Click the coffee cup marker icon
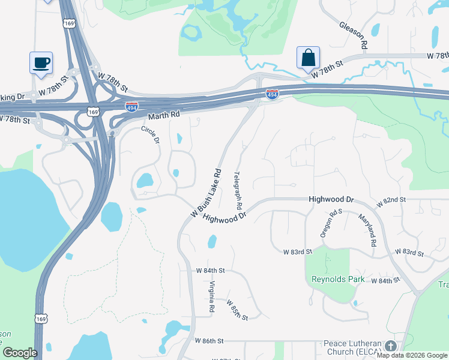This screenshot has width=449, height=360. click(41, 62)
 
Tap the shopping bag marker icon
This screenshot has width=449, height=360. click(308, 58)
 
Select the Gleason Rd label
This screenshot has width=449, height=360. click(353, 35)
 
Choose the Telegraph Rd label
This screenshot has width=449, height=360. click(238, 187)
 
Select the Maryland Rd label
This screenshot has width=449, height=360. click(367, 230)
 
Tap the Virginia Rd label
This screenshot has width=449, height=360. click(212, 296)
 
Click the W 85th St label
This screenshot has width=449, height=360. click(238, 310)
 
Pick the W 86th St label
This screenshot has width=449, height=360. click(209, 340)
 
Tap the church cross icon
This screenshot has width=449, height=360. click(391, 346)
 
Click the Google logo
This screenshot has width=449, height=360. click(19, 353)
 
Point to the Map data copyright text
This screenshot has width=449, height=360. click(412, 355)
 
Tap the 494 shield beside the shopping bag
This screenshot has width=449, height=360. click(272, 95)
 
